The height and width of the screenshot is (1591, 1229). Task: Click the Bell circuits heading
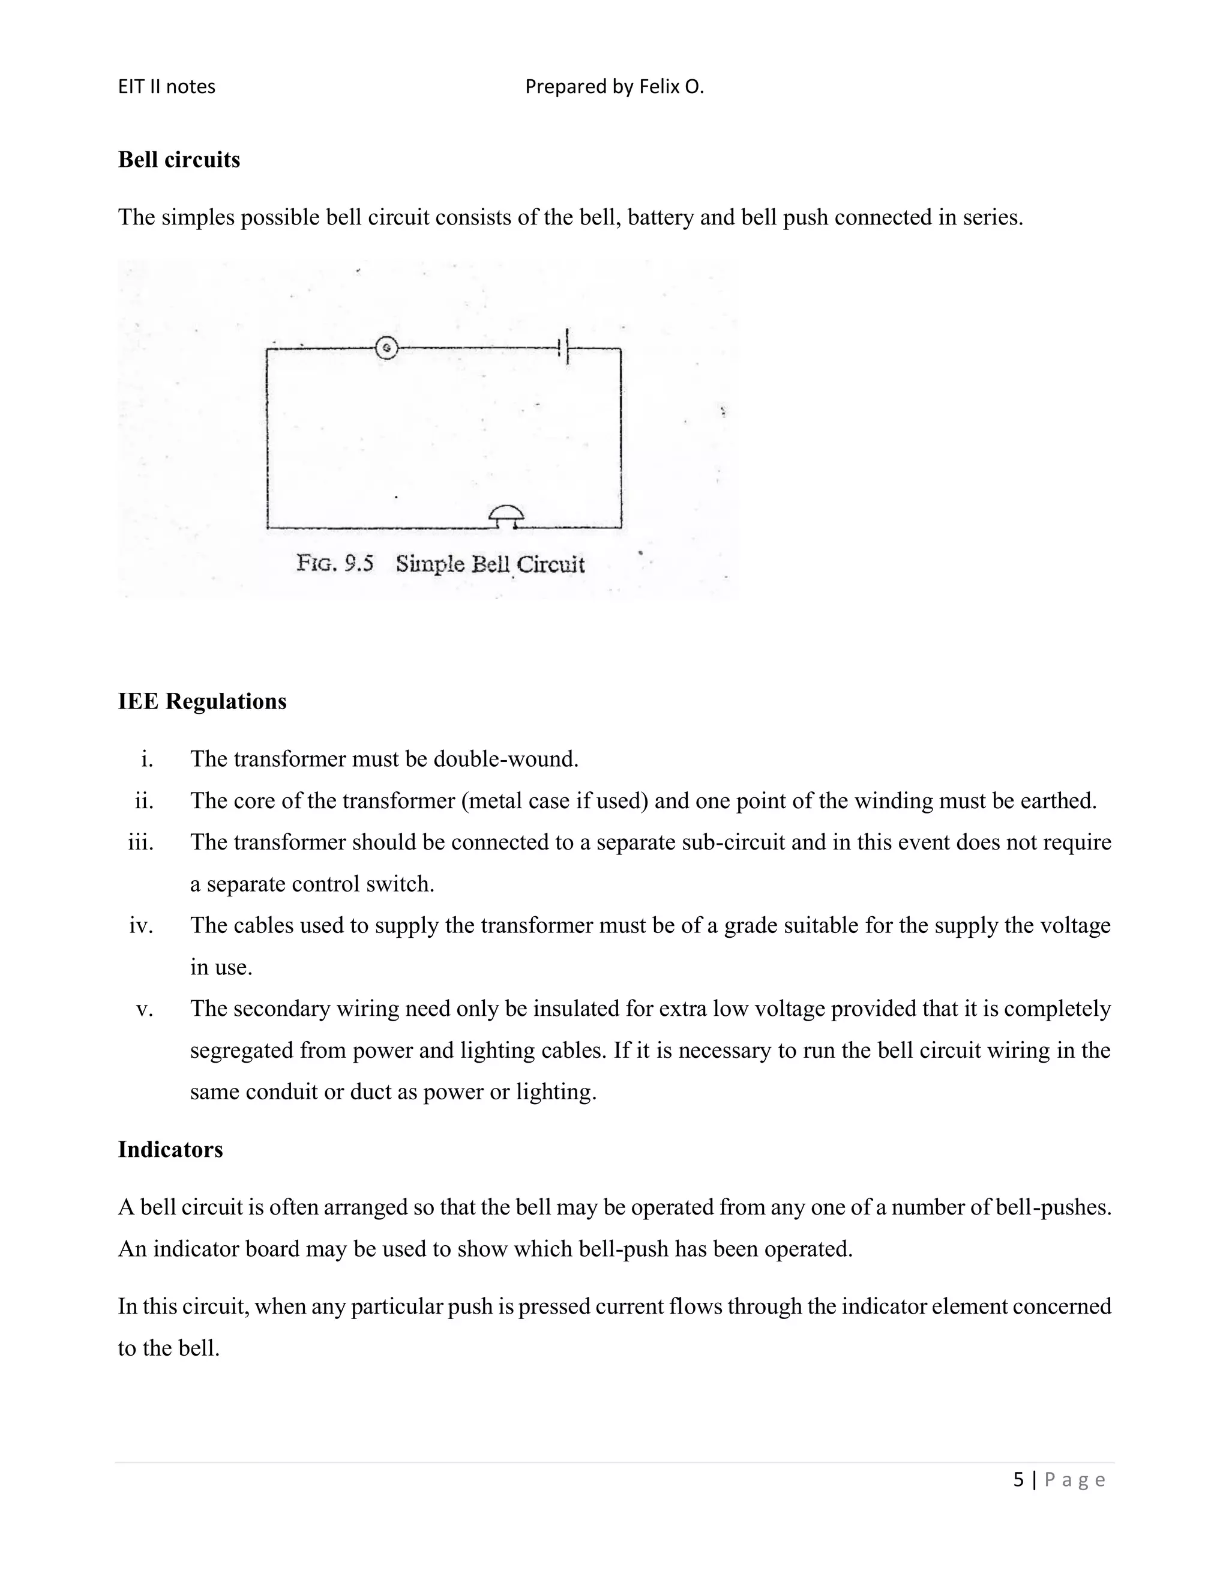click(178, 160)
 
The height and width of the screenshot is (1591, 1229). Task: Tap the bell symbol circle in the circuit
click(386, 348)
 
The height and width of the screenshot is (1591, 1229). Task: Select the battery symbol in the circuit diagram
click(563, 348)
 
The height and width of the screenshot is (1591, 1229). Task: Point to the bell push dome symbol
click(505, 515)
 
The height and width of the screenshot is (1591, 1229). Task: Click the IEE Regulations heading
click(202, 701)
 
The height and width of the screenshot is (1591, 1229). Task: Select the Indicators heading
click(170, 1149)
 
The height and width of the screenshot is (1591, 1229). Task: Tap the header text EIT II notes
click(167, 86)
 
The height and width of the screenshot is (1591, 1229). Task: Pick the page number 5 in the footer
click(1018, 1479)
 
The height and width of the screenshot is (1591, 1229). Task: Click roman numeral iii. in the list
click(140, 842)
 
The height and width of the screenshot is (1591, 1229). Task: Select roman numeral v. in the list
click(144, 1009)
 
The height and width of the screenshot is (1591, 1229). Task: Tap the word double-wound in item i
click(505, 759)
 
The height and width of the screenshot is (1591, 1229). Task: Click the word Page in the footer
click(1075, 1479)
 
